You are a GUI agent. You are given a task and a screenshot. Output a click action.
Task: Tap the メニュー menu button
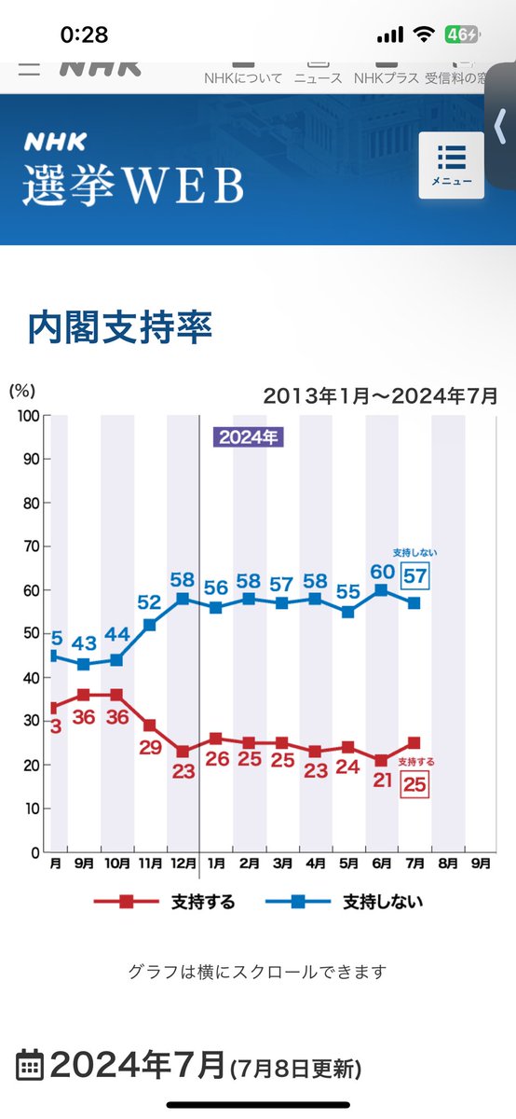[x=451, y=165]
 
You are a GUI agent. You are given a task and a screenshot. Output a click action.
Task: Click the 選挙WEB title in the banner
[x=133, y=185]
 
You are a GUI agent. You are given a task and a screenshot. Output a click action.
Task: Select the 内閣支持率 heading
[x=120, y=326]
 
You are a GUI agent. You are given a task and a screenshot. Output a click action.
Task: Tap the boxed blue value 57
[x=415, y=576]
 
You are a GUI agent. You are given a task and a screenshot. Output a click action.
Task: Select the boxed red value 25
[x=415, y=786]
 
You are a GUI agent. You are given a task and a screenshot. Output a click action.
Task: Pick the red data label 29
[x=149, y=746]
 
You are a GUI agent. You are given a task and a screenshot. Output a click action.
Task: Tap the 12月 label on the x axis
[x=183, y=863]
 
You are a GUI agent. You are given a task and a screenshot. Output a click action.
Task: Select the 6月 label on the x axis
[x=381, y=863]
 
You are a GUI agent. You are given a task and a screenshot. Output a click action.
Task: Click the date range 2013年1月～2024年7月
[x=380, y=394]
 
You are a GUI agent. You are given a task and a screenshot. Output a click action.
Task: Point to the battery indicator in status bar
[x=459, y=35]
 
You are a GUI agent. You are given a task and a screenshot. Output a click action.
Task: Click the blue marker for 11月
[x=150, y=625]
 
